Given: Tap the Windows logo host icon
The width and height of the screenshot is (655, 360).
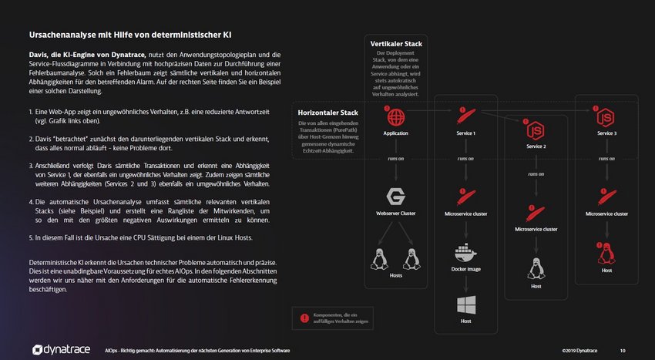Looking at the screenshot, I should coord(465,304).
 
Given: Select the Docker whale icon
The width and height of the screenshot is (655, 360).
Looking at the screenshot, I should coord(465,252).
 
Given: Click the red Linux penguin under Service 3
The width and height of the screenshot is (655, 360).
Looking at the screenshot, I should coord(606,252).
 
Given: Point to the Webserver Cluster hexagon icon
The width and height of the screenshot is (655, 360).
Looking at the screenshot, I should coord(396,196).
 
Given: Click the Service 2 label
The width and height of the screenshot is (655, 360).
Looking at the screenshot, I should coord(536,146).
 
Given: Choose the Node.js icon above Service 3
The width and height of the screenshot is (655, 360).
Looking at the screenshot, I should coord(606,118).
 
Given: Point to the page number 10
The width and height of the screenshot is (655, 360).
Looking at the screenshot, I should coord(623,351).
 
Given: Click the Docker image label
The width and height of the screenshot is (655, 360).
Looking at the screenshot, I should coord(465,268).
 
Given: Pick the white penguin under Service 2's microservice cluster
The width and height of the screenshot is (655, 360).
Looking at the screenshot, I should coord(536,267).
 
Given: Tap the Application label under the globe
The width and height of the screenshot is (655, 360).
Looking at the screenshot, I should coord(396,133).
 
